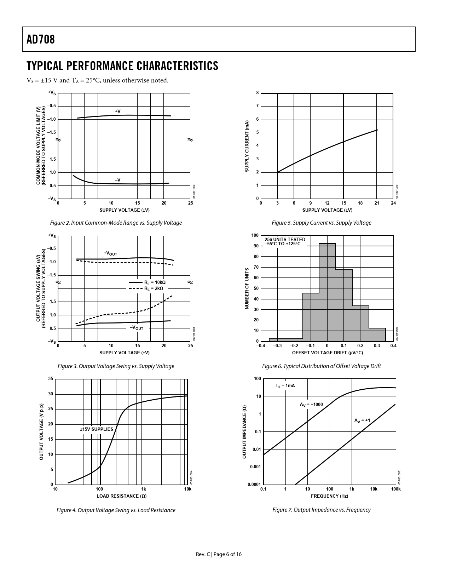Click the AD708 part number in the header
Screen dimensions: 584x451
coord(41,39)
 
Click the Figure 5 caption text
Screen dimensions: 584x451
coord(321,223)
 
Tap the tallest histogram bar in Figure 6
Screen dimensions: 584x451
coord(327,292)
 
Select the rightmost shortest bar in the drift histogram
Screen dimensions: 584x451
coord(377,335)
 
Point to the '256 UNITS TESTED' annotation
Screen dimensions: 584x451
coord(285,240)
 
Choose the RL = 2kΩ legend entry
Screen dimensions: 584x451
coord(154,288)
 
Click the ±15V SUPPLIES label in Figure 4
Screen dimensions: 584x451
coord(97,429)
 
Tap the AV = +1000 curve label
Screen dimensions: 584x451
coord(311,404)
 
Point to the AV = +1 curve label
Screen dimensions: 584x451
coord(362,420)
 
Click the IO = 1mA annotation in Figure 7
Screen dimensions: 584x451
coord(285,386)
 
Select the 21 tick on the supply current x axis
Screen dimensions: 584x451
coord(377,203)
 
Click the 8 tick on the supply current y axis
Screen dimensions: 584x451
coord(258,93)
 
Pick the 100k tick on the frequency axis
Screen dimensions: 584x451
coord(395,489)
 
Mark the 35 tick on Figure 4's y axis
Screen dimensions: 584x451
coord(51,379)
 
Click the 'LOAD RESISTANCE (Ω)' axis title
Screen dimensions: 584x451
coord(122,496)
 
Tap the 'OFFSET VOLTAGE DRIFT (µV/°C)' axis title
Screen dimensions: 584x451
coord(327,353)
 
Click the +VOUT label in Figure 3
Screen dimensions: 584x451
coord(110,253)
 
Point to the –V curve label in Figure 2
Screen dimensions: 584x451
coord(117,180)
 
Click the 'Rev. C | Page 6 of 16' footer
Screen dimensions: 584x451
coord(219,554)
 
